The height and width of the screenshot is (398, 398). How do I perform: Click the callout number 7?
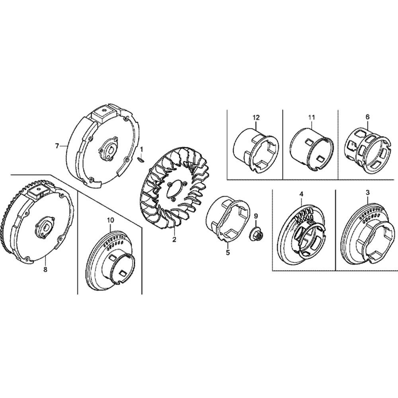57,146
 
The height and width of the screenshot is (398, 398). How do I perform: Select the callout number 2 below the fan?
174,239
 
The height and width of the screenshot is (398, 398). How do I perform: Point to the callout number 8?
45,269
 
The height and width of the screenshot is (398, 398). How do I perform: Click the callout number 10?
110,220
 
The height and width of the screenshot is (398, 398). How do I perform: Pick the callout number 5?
228,253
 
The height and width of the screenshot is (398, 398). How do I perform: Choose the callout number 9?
256,216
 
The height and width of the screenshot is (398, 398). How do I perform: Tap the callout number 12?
256,117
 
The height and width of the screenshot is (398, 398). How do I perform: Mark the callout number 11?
312,117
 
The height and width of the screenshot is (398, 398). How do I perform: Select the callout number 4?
301,194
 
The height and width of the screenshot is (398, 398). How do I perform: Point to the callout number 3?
367,193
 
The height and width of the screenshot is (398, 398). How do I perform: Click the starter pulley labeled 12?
256,151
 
